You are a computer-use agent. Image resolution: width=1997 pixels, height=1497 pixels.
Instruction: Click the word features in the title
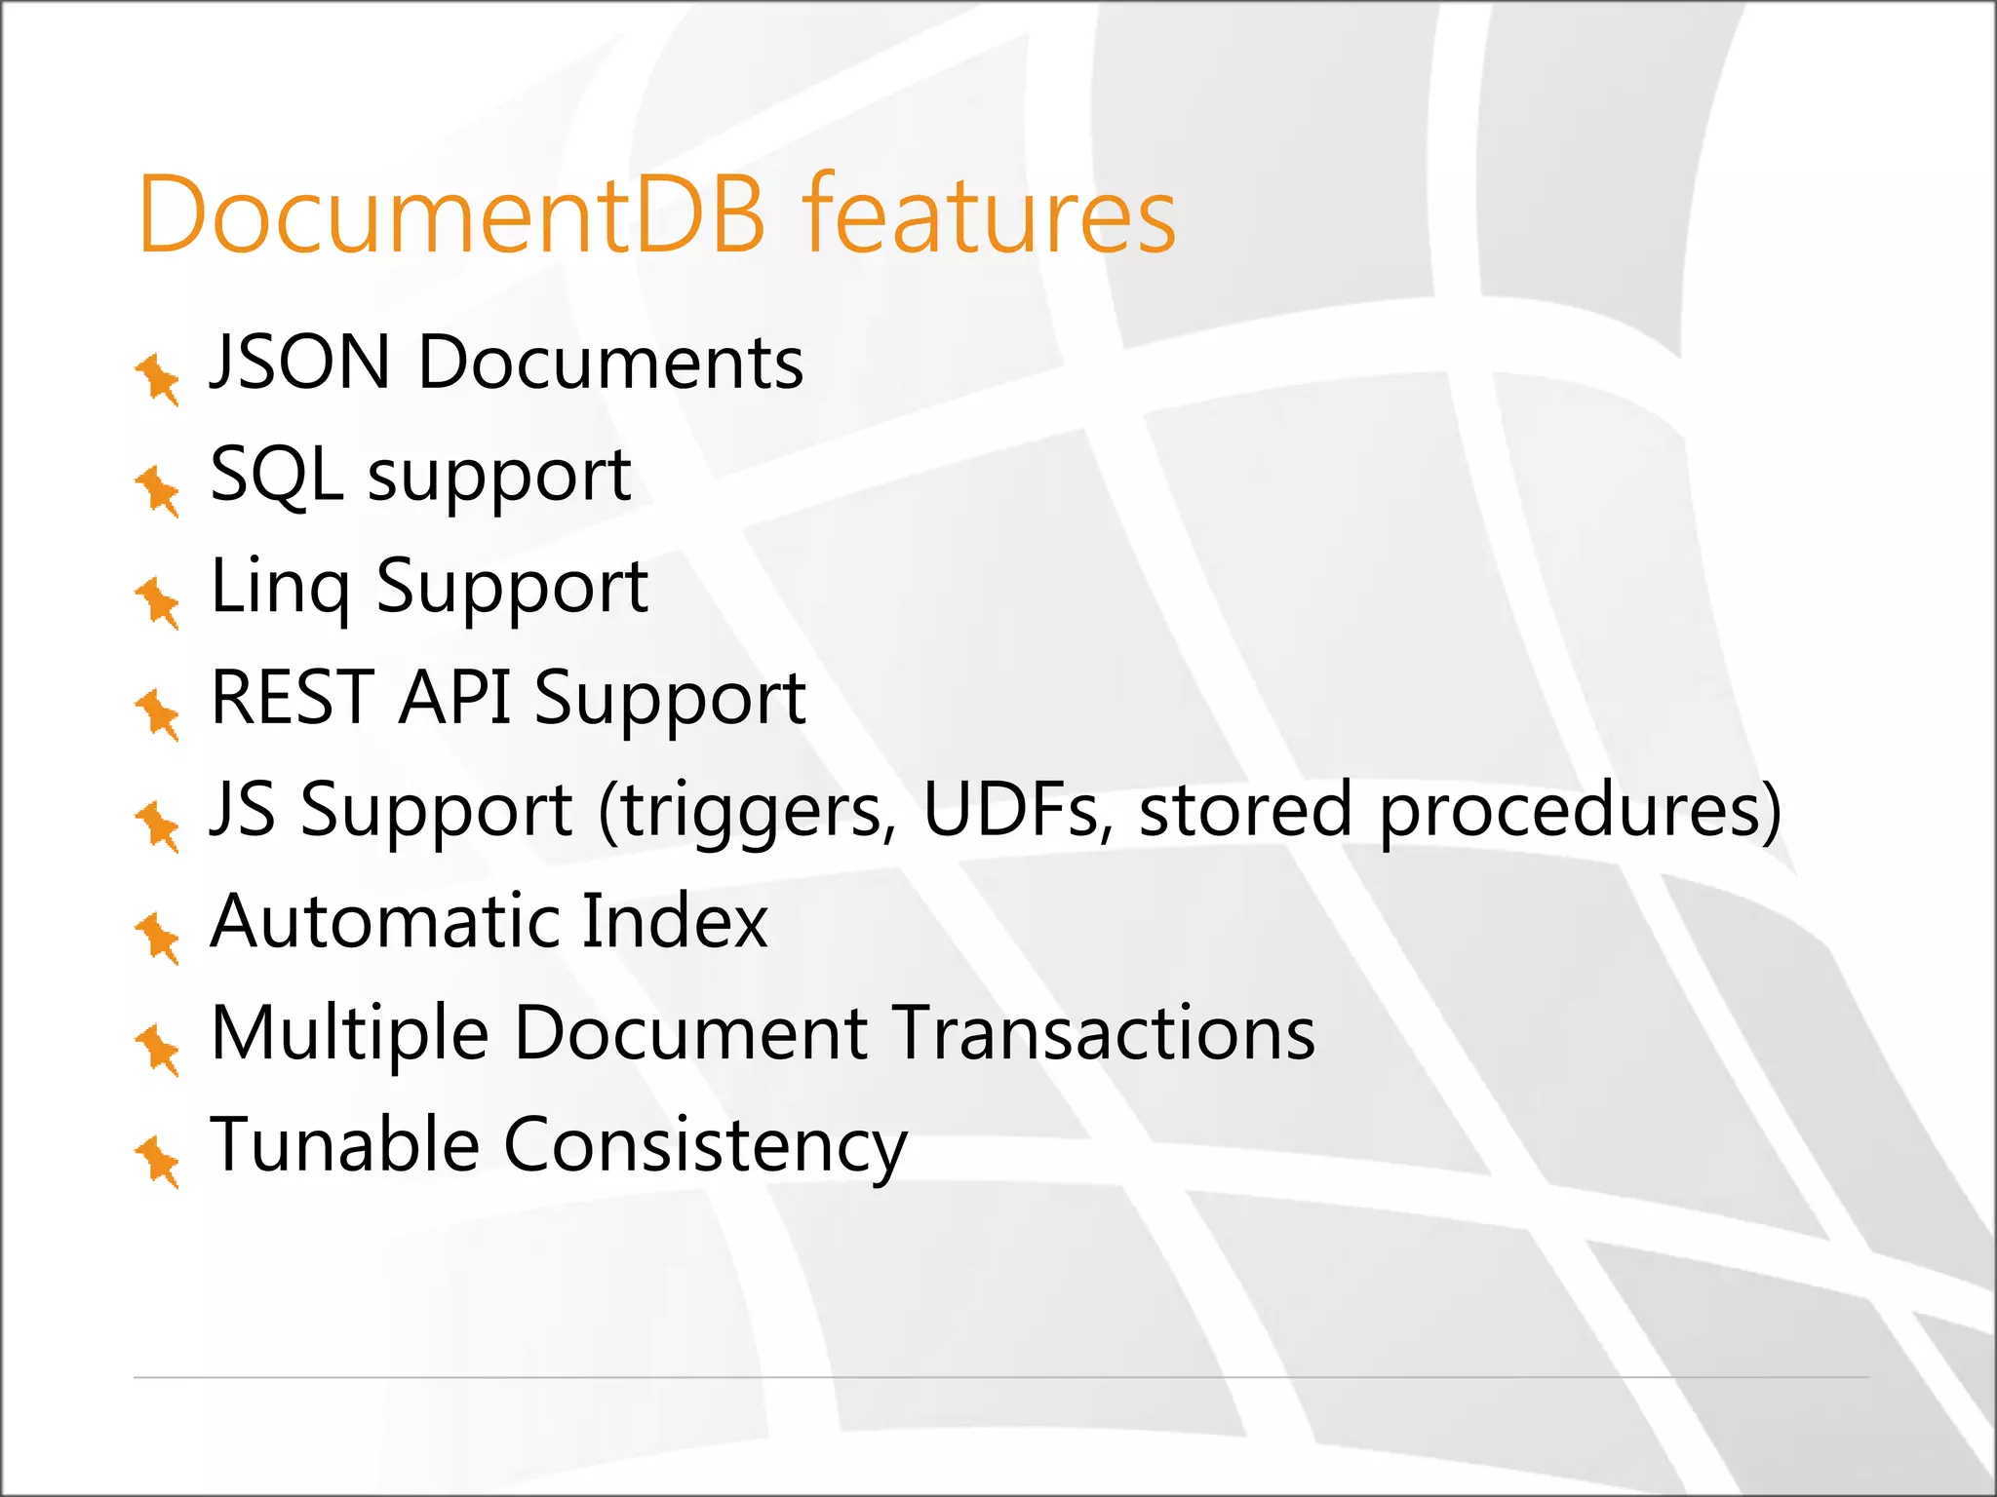[x=989, y=215]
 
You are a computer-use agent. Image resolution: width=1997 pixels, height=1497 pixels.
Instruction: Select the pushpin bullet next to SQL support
[x=158, y=490]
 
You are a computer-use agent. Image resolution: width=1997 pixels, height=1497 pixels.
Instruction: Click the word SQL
[x=277, y=475]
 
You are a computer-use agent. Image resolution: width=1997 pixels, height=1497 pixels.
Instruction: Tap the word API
[x=454, y=698]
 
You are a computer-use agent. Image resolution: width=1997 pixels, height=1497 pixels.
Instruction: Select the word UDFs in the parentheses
[x=1012, y=810]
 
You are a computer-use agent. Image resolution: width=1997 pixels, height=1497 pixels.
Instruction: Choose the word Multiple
[x=349, y=1035]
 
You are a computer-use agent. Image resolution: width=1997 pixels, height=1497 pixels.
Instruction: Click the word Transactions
[x=1104, y=1033]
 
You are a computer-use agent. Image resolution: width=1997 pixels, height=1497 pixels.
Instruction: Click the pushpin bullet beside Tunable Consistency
[x=158, y=1161]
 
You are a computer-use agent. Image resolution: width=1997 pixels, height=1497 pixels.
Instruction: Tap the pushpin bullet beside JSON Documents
[x=158, y=378]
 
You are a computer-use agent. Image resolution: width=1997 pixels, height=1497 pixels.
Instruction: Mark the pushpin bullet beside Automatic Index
[x=158, y=938]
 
